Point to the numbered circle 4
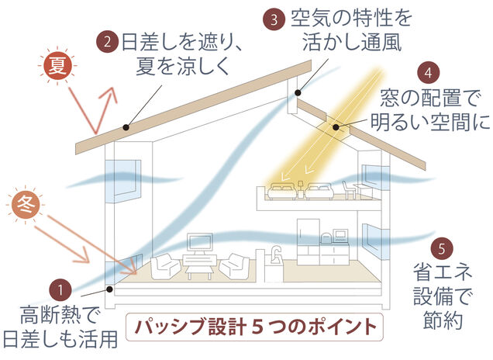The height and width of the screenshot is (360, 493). (428, 74)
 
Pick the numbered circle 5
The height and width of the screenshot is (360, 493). (440, 250)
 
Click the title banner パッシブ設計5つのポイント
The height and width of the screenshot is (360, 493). (255, 324)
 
